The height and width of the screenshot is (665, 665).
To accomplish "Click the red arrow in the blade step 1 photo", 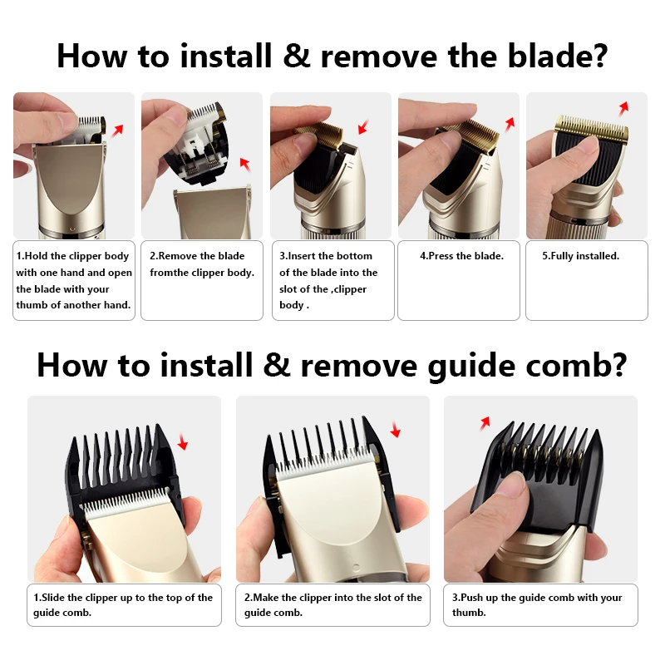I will coord(117,130).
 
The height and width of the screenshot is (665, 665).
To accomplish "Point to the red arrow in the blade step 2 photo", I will coord(244,162).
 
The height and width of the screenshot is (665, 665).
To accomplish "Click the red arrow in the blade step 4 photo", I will coord(510,123).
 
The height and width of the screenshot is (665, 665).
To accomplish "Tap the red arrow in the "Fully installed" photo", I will coord(621,109).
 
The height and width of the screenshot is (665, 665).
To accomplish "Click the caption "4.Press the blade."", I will coord(461,256).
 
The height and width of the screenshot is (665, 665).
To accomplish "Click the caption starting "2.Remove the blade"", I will coord(202,264).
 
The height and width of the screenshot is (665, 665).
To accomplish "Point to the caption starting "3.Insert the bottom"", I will coord(328,280).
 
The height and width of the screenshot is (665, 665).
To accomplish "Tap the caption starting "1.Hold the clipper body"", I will coord(73,280).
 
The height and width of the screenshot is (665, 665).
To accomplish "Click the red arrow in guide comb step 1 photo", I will coord(182,445).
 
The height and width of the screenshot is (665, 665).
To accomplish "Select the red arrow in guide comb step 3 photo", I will coord(484,424).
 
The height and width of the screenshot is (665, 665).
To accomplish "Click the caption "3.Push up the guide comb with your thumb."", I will coord(536,604).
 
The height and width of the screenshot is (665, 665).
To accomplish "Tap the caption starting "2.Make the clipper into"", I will coord(332,604).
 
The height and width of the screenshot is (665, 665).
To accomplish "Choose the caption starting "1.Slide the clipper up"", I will coord(123,604).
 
